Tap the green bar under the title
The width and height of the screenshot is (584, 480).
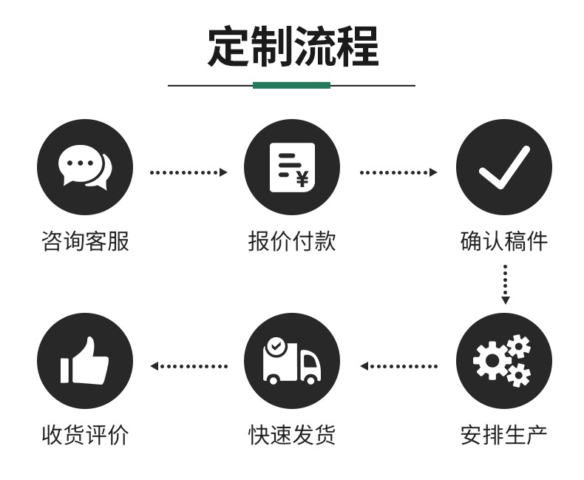coord(291,85)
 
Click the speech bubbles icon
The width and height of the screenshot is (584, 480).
coord(84,167)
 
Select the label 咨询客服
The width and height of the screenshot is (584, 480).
coord(84,241)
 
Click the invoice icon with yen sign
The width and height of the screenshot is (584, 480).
coord(291,167)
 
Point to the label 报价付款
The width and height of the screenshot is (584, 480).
coord(291,241)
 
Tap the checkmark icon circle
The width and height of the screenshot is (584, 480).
coord(503,167)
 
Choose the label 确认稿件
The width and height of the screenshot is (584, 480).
coord(503,241)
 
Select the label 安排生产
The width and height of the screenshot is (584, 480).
coord(503,434)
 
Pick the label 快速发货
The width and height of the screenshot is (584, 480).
coord(291,434)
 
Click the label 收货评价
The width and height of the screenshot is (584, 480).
coord(84,434)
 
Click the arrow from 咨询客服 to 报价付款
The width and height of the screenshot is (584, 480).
coord(188,172)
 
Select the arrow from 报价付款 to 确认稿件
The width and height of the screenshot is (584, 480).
coord(398,172)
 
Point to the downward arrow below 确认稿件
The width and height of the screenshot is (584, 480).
coord(505,284)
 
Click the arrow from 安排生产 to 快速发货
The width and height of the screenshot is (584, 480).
coord(398,365)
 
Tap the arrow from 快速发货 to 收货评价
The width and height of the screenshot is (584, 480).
coord(188,365)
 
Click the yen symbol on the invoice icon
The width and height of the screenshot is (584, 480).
coord(302,178)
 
